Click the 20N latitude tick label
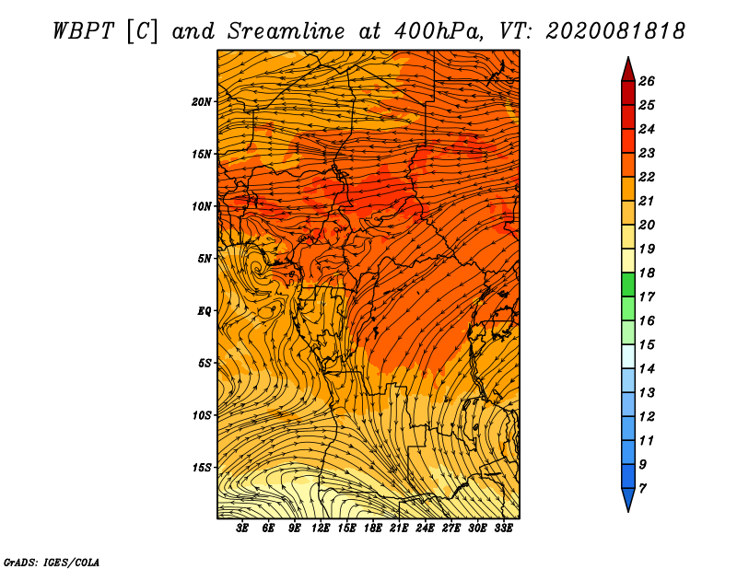coord(202,102)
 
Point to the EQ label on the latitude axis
coord(204,311)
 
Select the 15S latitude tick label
coord(202,468)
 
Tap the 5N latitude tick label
coord(205,259)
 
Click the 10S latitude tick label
coord(202,415)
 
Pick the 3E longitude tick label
coord(241,528)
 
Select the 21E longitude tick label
coord(399,528)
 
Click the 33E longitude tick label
coord(503,528)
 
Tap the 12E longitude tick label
coord(320,528)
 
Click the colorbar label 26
coord(647,81)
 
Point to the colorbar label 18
coord(647,273)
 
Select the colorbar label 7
coord(642,489)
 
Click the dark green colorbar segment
coord(628,284)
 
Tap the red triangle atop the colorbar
coord(628,70)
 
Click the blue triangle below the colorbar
coord(628,500)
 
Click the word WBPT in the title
coord(83,31)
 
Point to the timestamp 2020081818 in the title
coord(615,31)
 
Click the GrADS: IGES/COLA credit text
coord(52,563)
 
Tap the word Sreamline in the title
coord(287,31)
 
